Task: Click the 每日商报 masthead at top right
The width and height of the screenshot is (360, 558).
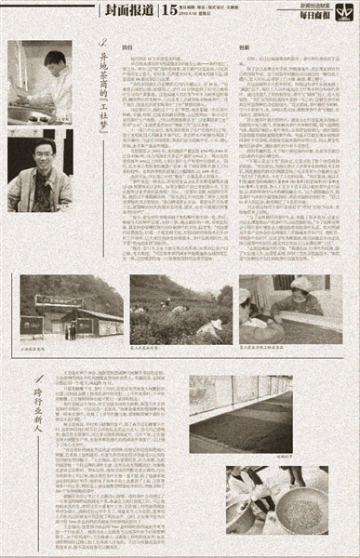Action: coord(330,17)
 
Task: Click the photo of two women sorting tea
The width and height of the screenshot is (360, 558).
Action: coord(290,307)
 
